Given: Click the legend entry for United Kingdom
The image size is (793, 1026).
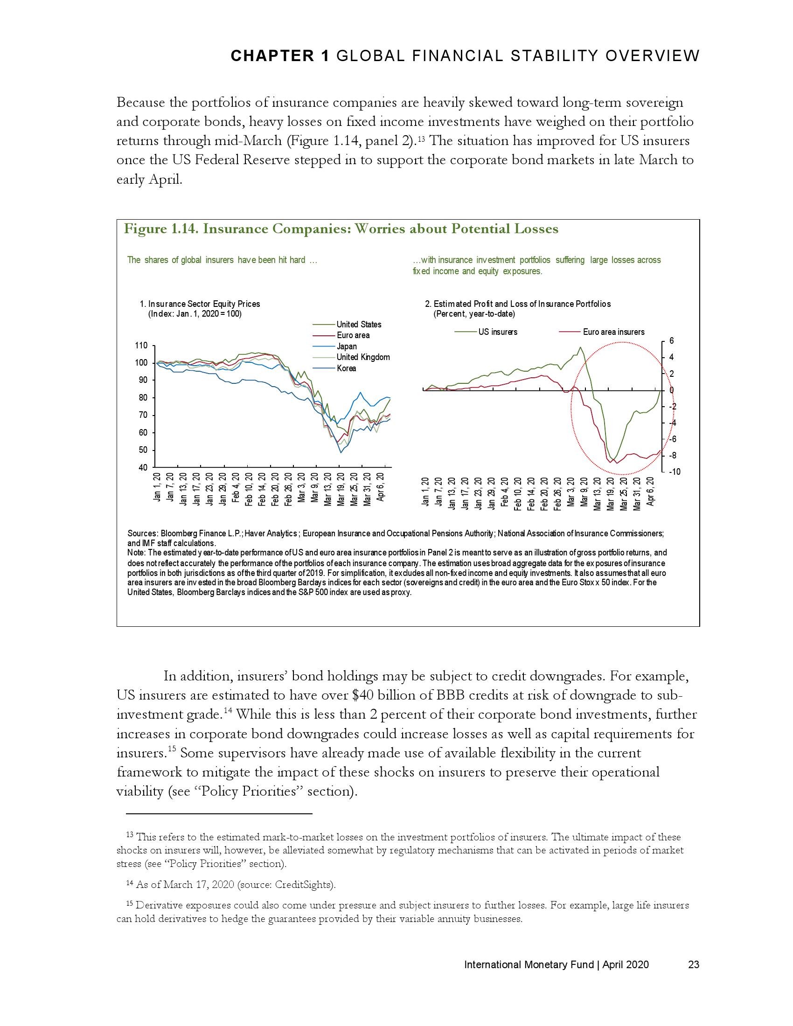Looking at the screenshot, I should point(363,357).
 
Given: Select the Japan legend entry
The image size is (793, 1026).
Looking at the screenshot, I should point(347,346).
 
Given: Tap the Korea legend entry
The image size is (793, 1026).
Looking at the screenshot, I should point(346,368).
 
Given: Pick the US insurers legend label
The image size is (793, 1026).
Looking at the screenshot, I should point(498,332).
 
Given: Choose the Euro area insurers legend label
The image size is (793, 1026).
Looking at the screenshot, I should point(613,332).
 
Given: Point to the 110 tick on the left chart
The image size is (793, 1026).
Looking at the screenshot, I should point(141,346).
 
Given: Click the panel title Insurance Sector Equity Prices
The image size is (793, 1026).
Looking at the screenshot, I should point(204,304).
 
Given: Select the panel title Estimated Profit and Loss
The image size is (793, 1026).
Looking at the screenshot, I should point(522,304).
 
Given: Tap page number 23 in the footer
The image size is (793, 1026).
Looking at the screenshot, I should point(693,965).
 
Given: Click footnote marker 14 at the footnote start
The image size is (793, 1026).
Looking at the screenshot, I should point(130,884).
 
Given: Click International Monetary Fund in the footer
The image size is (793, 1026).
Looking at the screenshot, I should point(529,965).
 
